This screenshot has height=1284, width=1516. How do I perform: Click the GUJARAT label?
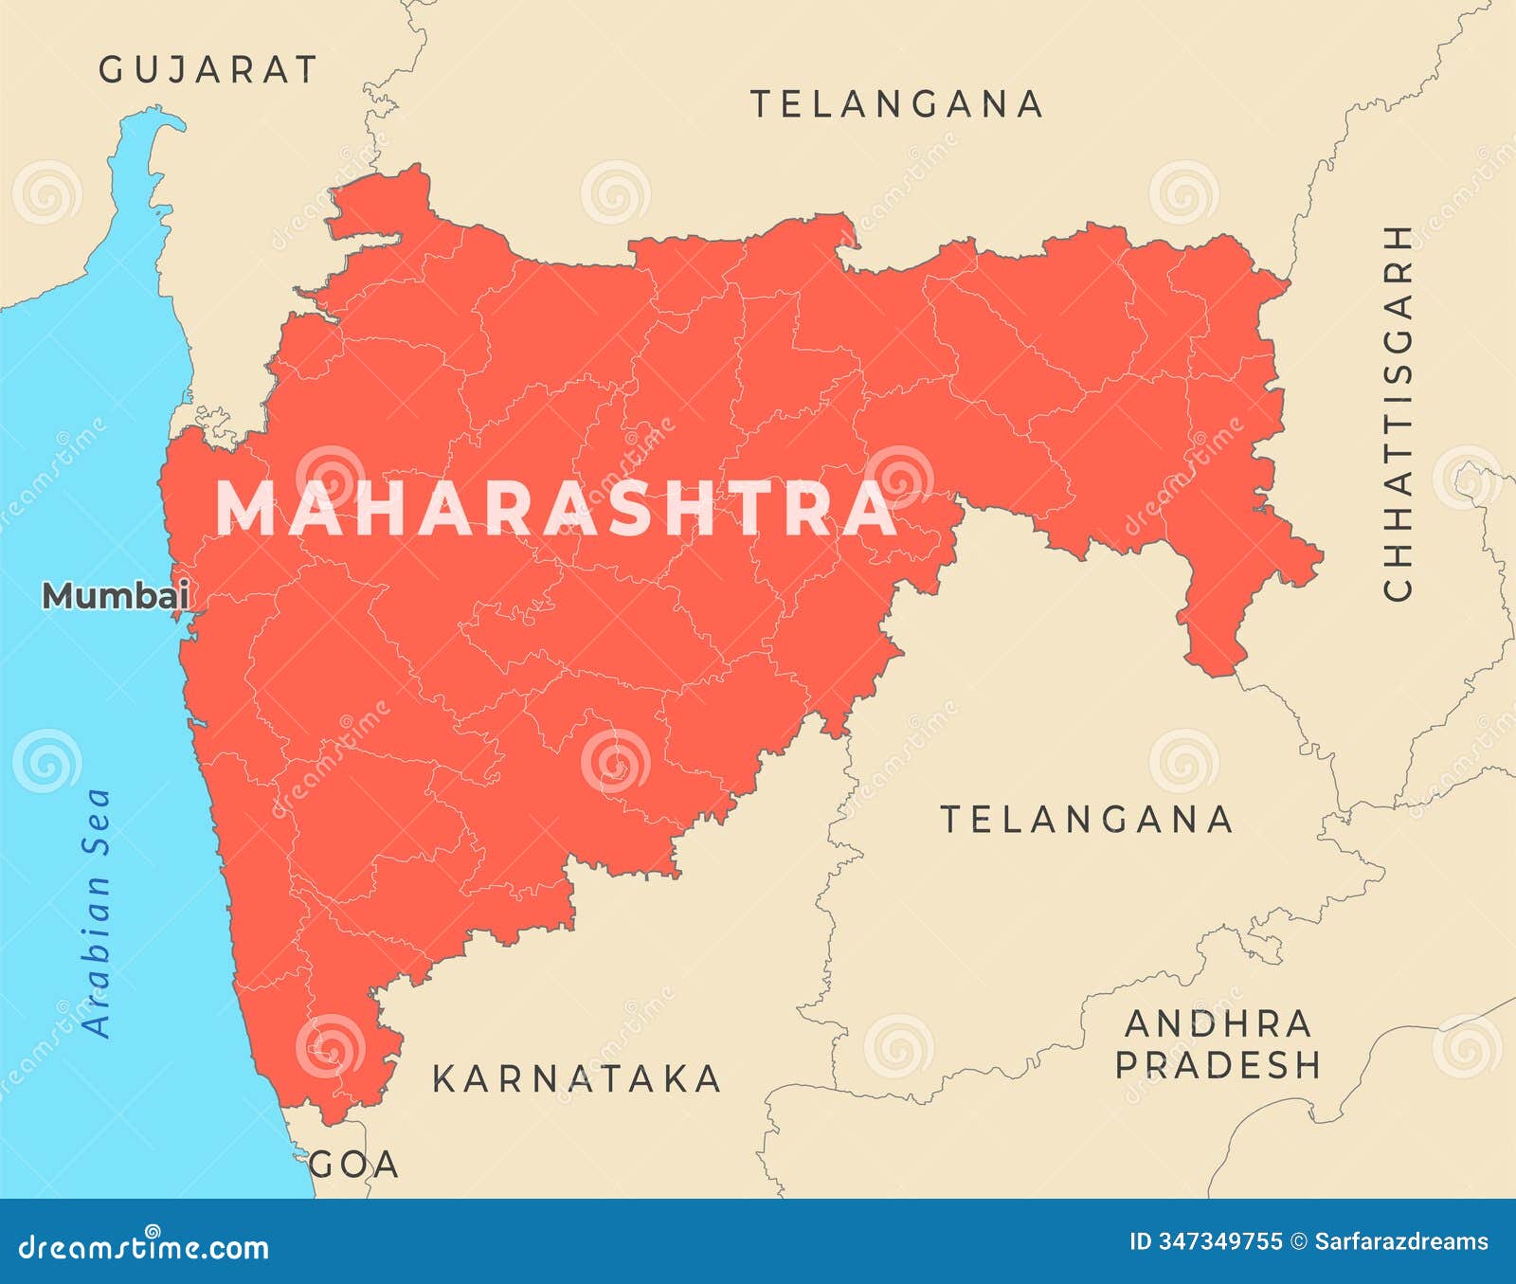coord(208,69)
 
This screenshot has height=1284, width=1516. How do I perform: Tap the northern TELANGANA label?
coord(896,103)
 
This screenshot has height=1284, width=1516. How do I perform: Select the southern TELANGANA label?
coord(1086,819)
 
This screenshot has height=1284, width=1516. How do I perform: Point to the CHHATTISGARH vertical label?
coord(1399,412)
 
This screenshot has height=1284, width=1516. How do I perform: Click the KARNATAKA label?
coord(576,1079)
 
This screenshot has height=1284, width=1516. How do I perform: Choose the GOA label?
coord(354,1165)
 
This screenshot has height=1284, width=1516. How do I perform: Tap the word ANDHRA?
coord(1218,1023)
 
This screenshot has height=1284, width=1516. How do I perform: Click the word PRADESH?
coord(1218,1065)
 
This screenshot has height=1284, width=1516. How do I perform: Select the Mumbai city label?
coord(116,596)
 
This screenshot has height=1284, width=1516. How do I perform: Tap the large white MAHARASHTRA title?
coord(556,509)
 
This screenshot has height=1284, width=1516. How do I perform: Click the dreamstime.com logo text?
coord(144,1247)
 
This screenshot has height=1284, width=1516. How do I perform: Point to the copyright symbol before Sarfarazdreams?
coord(1299,1241)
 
